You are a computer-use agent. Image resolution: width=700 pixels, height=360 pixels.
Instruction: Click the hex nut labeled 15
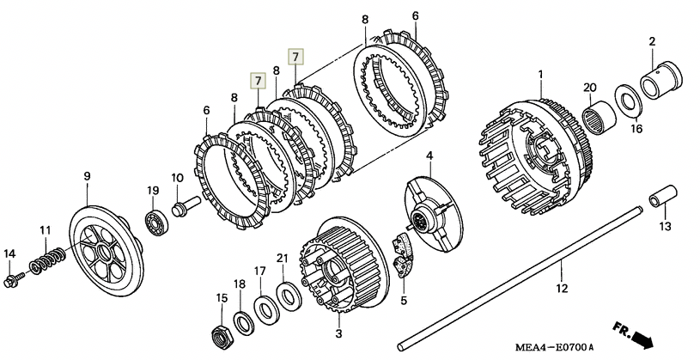tap(221, 335)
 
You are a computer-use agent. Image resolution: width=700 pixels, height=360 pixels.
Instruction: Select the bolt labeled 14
tap(14, 279)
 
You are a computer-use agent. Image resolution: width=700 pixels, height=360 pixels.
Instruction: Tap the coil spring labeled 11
tap(47, 261)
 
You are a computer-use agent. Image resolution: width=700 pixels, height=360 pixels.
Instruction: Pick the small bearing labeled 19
tap(156, 222)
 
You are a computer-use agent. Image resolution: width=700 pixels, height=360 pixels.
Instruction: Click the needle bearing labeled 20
tap(600, 117)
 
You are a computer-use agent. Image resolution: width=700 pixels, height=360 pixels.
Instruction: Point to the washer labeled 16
tap(628, 101)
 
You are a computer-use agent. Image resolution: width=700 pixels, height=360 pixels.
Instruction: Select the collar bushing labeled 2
tap(661, 79)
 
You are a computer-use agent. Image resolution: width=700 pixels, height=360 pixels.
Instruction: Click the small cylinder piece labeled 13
tap(663, 196)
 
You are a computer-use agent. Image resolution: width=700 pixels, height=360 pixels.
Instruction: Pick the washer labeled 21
tap(289, 296)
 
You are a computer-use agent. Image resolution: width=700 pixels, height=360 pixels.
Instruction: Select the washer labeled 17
tap(266, 309)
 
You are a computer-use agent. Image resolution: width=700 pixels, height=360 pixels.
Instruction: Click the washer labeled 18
tap(244, 323)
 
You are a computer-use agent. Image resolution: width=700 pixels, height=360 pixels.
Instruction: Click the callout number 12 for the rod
tap(562, 288)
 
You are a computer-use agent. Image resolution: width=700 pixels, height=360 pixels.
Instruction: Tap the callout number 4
tap(429, 156)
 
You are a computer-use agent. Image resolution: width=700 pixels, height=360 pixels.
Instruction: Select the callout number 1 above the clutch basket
tap(541, 75)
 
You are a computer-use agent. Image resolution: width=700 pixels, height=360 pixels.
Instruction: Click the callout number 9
tap(87, 176)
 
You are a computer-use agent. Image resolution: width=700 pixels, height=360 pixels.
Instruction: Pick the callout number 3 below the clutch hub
tap(339, 333)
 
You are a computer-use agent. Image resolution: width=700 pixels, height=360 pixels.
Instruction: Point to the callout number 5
tap(404, 301)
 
